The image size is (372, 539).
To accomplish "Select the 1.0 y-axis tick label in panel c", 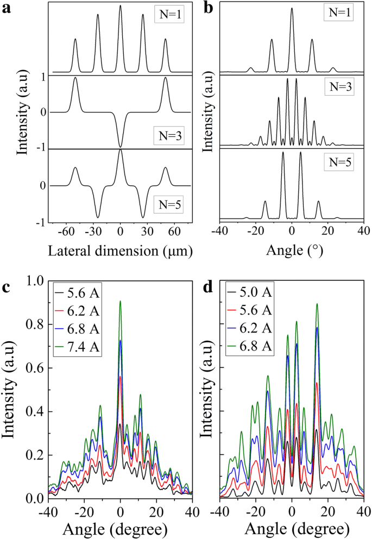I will point(35,281).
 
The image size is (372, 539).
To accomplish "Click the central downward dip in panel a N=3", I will point(120,146).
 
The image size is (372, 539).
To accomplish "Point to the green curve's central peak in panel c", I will point(120,302).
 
